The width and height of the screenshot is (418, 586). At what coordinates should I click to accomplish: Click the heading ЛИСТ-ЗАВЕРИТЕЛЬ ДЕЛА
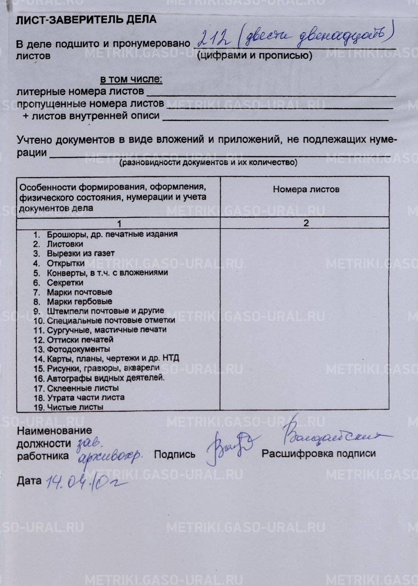coord(86,19)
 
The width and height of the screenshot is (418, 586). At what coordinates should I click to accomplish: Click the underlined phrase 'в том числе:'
coord(131,79)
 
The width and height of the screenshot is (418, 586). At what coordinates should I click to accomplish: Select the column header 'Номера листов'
coord(306,189)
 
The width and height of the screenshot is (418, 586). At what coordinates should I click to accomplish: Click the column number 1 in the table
coord(118,223)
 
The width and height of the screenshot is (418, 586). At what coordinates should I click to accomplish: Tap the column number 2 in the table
coord(306,223)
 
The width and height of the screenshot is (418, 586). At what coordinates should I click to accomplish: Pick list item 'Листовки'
coord(65,244)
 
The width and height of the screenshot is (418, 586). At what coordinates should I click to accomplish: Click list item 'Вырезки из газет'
coord(80,253)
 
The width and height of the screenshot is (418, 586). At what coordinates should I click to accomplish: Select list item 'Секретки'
coord(65,283)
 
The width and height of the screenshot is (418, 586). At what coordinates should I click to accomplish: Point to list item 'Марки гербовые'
coord(79,302)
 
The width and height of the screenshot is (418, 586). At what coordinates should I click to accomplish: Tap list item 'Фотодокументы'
coord(78,349)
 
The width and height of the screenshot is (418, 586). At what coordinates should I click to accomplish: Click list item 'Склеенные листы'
coord(82,388)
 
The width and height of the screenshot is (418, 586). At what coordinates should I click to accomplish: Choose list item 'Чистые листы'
coord(75,407)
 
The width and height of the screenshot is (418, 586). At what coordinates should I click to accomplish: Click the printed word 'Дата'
coord(29,481)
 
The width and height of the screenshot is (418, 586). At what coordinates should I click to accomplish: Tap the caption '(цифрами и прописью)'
coord(254,56)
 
